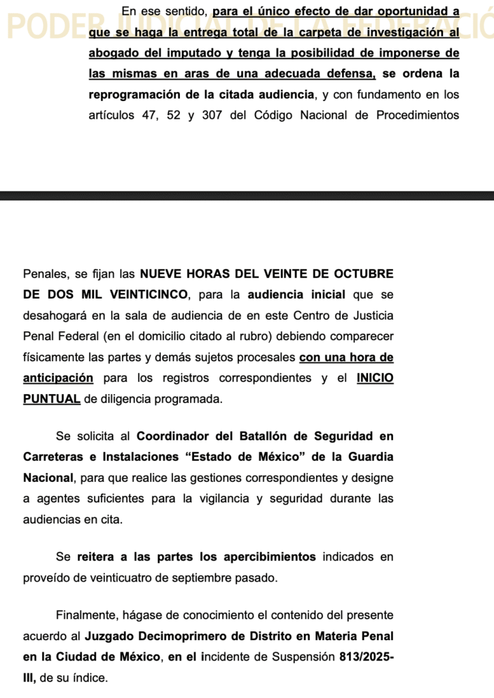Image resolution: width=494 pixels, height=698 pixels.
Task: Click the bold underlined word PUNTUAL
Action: pos(52,399)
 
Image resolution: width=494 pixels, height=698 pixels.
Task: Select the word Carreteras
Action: pos(52,457)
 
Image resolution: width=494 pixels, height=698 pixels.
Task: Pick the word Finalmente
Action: pos(88,615)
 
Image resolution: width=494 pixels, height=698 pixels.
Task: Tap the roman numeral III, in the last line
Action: pos(30,678)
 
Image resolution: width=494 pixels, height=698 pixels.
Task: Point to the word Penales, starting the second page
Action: pos(46,273)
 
